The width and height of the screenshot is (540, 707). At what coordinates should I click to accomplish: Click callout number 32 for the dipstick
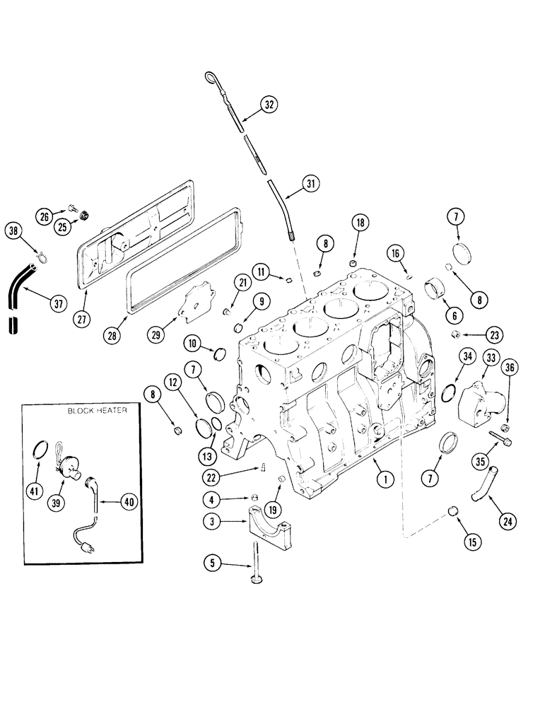coord(267,105)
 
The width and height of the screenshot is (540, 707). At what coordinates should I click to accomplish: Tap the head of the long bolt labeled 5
coord(254,580)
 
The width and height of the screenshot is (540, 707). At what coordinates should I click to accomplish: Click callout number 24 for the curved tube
coord(506,522)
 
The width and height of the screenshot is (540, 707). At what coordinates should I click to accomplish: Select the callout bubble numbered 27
coord(84,318)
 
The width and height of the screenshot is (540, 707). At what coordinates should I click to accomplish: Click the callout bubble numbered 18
coord(360,223)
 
